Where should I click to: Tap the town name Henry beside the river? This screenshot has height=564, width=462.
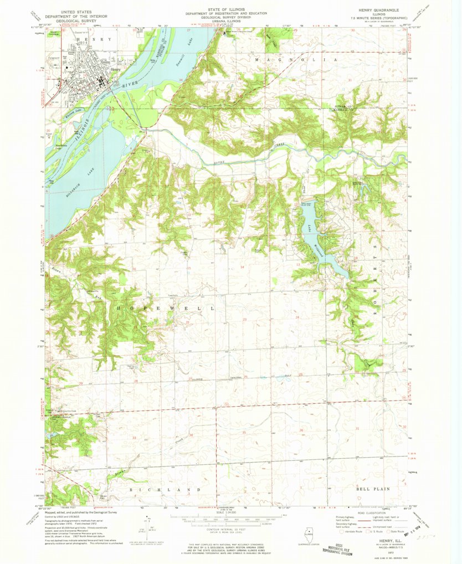115,69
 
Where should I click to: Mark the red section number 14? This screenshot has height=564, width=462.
242,267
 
